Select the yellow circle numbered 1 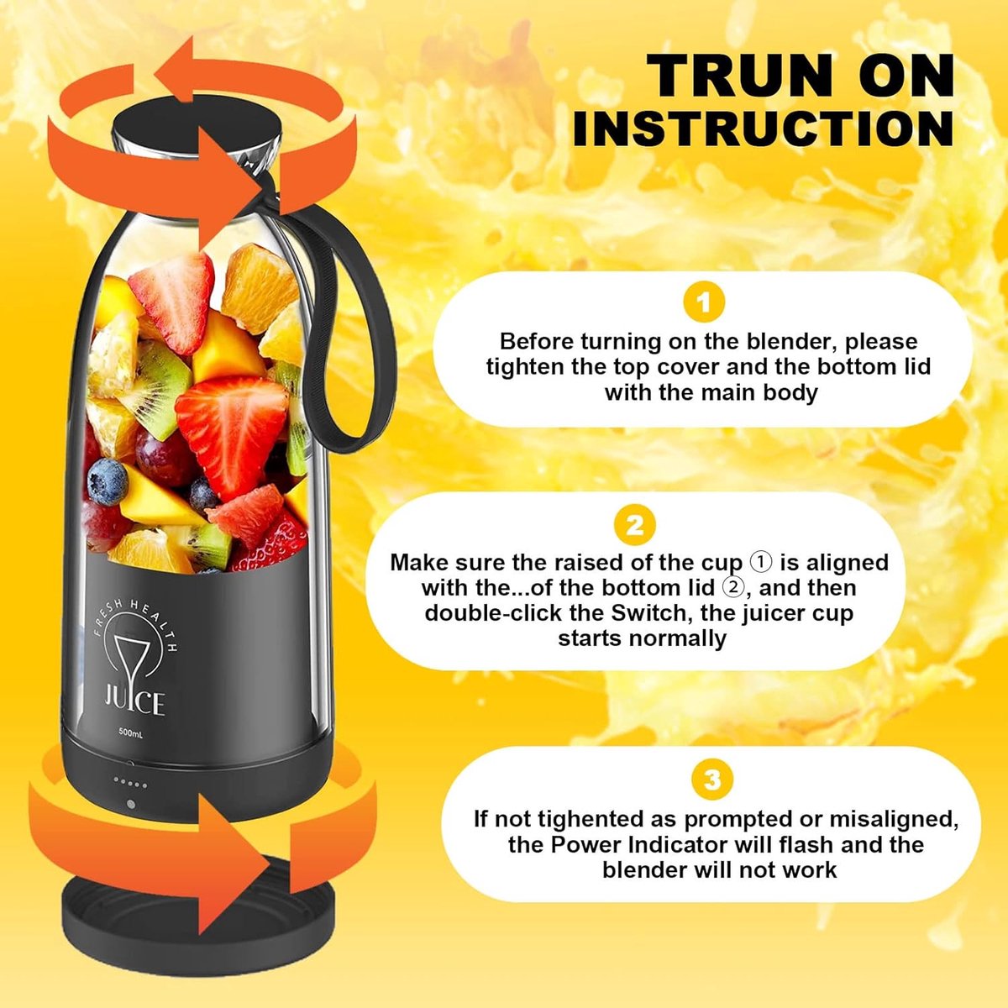tap(704, 303)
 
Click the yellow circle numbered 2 tap(634, 525)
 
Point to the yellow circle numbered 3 tap(711, 780)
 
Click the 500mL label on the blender tap(130, 732)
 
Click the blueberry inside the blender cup tap(108, 482)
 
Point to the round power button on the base tap(131, 804)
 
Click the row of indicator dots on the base tap(130, 785)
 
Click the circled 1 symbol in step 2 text tap(761, 562)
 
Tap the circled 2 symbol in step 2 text tap(732, 587)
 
